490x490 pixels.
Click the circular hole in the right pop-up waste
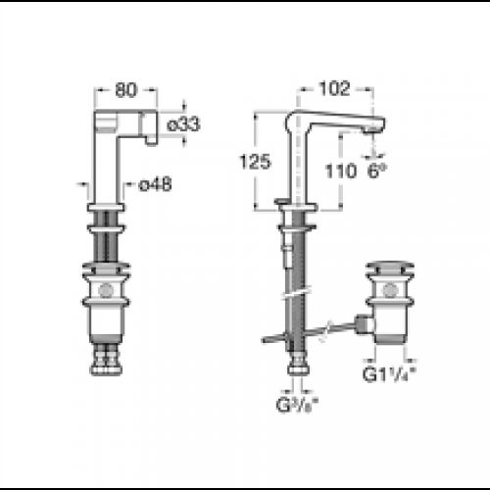pyautogui.click(x=389, y=289)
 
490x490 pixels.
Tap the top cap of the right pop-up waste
pyautogui.click(x=389, y=264)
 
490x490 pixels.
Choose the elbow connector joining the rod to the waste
pyautogui.click(x=365, y=323)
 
